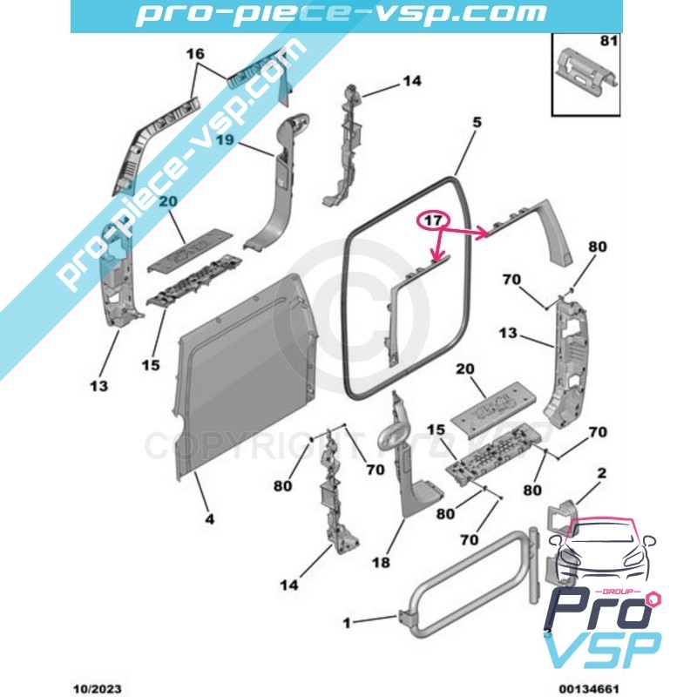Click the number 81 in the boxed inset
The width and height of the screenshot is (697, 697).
pos(606,41)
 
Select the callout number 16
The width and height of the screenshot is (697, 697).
pos(196,54)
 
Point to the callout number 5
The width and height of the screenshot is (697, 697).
pos(477,123)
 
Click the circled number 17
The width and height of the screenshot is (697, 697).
pos(432,220)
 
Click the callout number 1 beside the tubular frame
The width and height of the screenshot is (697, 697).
pos(347,622)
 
